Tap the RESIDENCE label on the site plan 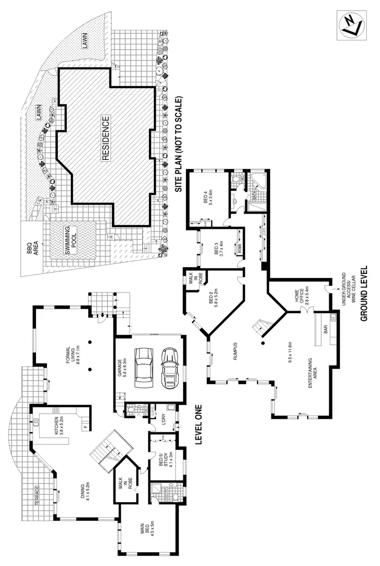point(105,139)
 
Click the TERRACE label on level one point(36,493)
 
